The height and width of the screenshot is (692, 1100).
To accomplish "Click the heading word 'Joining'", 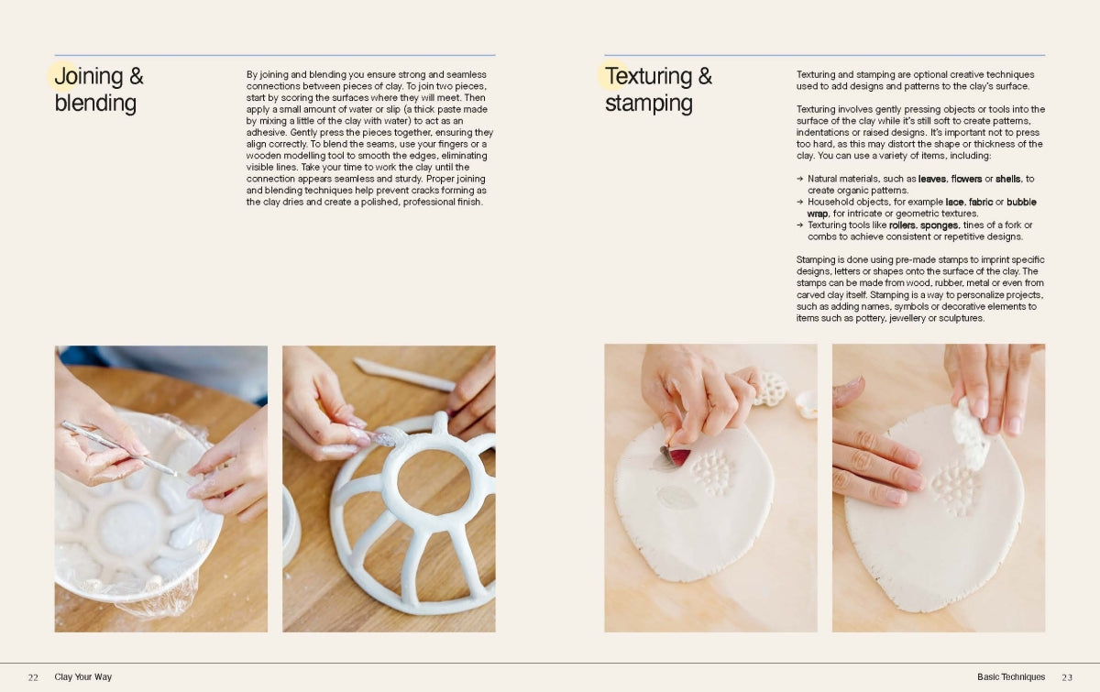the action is (x=89, y=77).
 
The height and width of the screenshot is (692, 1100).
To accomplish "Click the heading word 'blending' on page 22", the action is (x=95, y=104).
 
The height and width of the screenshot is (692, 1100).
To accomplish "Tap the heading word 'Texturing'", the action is (x=648, y=77).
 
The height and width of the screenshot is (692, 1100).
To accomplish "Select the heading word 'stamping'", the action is (x=649, y=104).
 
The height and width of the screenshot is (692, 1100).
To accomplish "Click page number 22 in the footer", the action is (x=33, y=677).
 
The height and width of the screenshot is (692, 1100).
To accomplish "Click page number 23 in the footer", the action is (x=1067, y=677).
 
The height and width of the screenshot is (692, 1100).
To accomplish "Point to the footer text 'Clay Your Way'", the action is (x=83, y=676).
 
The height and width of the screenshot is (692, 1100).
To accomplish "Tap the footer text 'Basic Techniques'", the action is (x=1010, y=676).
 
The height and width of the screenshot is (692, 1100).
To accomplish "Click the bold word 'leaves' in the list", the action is (x=931, y=179).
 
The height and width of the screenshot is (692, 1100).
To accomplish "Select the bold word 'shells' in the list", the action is (x=1007, y=179).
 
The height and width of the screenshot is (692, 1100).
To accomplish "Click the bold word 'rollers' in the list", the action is (x=902, y=225).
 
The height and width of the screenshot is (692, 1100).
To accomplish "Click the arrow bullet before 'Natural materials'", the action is (x=800, y=179).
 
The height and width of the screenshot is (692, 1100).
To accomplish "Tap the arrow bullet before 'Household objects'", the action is (x=800, y=202).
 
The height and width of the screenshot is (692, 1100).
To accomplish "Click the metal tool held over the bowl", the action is (x=119, y=448).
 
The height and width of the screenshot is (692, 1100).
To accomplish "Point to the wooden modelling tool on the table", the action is (x=403, y=375).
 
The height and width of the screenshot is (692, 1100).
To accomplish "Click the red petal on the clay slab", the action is (x=677, y=456).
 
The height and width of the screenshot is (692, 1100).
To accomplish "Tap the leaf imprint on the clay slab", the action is (x=676, y=498).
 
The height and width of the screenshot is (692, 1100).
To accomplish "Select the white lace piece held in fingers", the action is (x=971, y=434).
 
